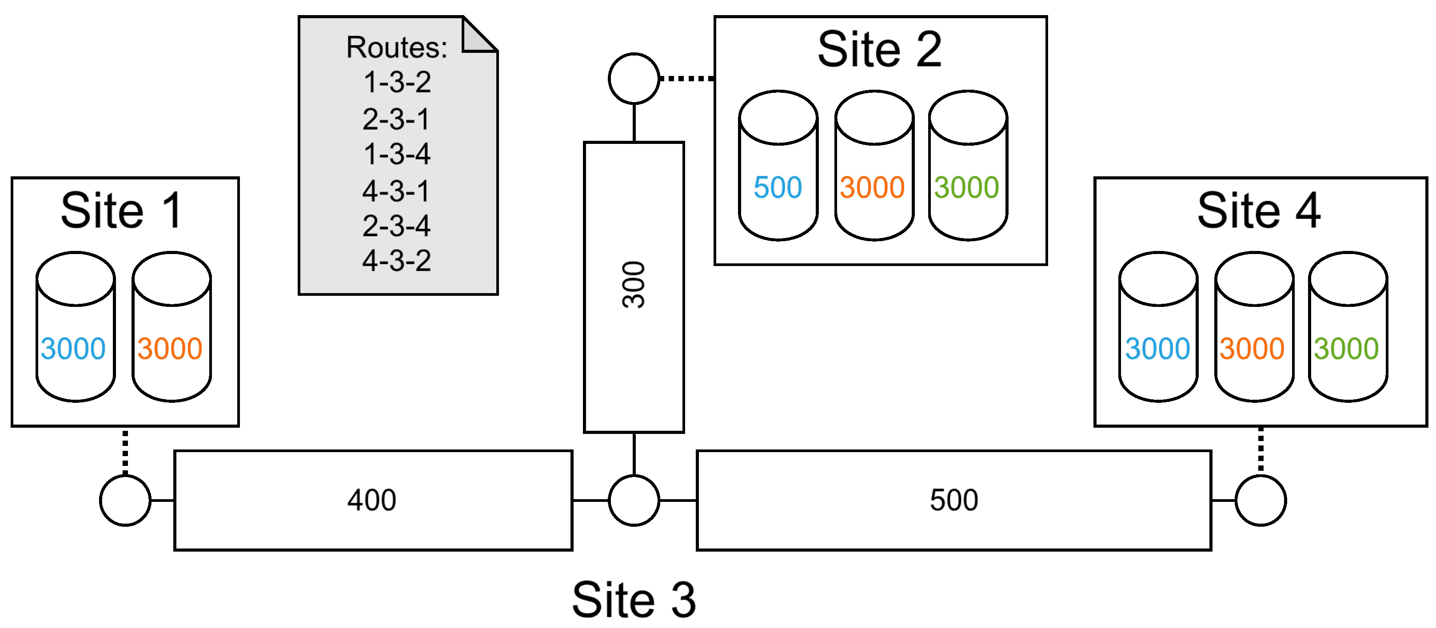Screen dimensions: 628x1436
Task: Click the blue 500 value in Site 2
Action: tap(778, 188)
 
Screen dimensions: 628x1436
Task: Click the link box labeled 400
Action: tap(372, 500)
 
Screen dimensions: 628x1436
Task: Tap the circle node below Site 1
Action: tap(125, 500)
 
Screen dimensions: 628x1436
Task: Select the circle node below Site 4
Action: tap(1260, 500)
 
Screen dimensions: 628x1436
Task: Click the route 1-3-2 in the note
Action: tap(397, 83)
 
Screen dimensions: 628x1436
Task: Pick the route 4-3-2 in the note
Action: tap(397, 261)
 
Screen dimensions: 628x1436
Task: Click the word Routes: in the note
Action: tap(397, 48)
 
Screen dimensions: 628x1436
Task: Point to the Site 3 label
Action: tap(634, 600)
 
